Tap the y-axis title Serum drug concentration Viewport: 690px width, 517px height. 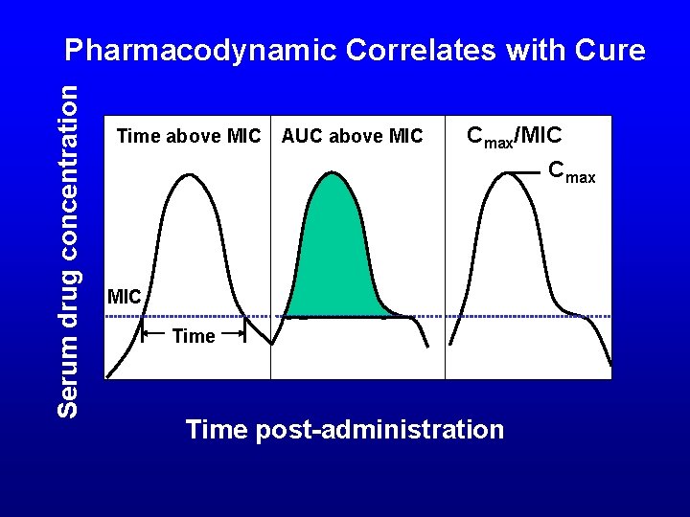tap(68, 250)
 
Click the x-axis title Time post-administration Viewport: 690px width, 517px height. tap(344, 430)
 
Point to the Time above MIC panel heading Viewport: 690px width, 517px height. tap(188, 137)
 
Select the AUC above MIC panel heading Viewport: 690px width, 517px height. tap(352, 137)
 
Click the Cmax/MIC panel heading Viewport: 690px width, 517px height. tap(514, 135)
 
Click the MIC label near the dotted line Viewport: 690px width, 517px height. tap(125, 297)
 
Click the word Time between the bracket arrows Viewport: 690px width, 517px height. tap(194, 336)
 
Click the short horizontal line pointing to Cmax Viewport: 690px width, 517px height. tap(523, 172)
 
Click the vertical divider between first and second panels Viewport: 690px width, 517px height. tap(270, 249)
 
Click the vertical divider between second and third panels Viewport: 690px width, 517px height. tap(445, 249)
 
